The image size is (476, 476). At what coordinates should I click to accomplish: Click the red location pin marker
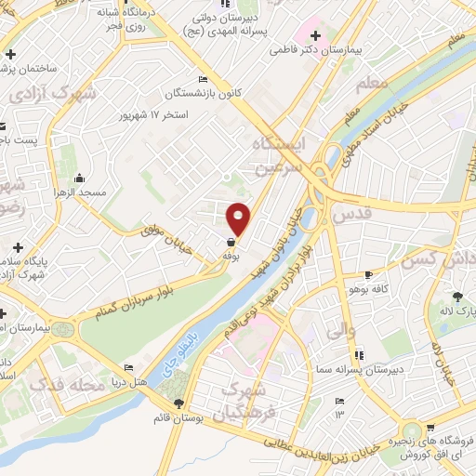point(239,218)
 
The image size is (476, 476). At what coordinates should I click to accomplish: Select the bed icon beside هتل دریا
point(128,368)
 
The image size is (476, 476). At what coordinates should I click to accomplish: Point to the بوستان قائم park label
point(179,418)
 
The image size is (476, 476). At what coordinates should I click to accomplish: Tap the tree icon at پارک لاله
point(456,297)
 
